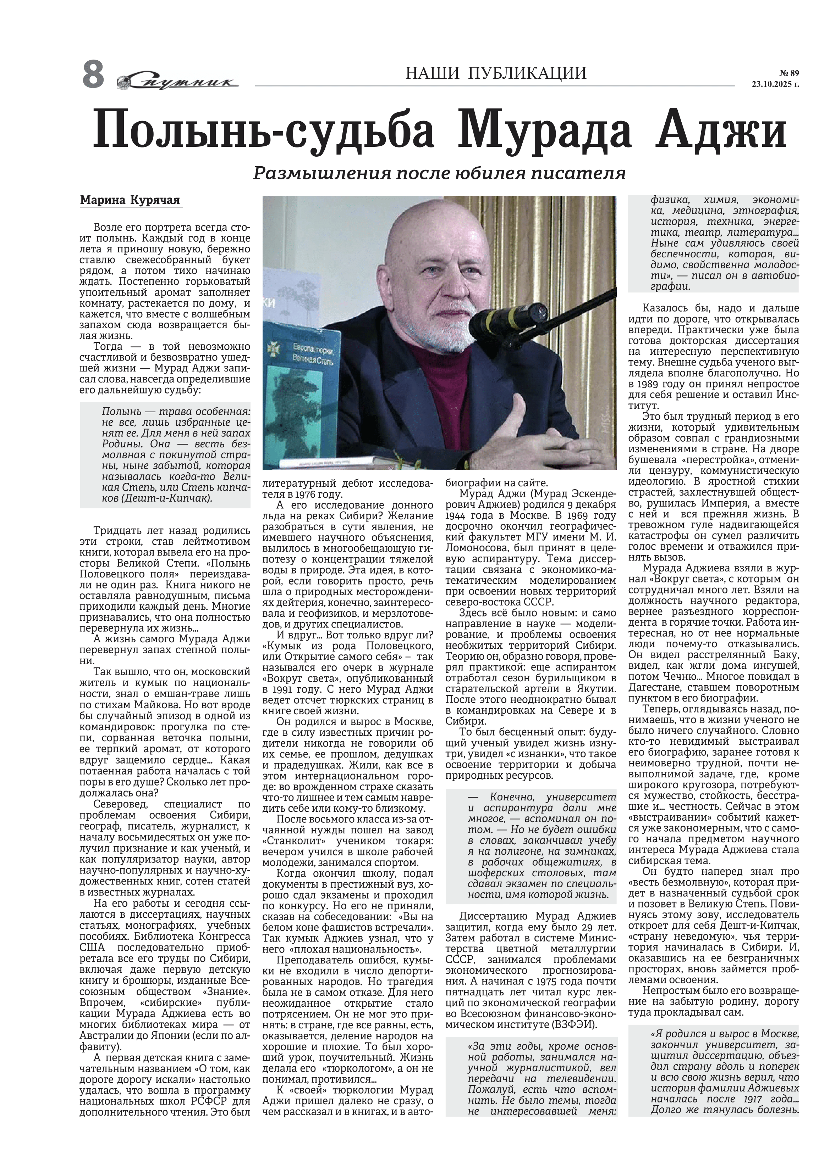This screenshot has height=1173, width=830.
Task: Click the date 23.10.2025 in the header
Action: (x=774, y=85)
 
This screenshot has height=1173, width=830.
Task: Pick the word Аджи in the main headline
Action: (x=721, y=131)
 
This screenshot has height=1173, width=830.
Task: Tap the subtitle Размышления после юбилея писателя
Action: (x=439, y=174)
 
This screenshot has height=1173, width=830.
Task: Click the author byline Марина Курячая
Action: (x=130, y=200)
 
